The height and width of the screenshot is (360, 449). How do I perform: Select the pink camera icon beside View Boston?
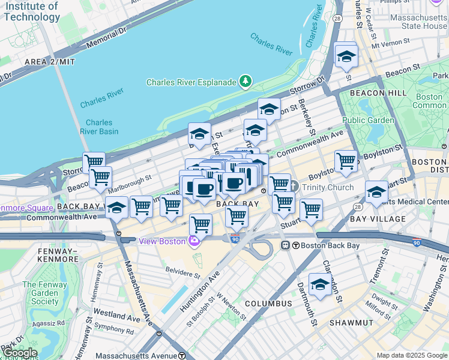click(194, 241)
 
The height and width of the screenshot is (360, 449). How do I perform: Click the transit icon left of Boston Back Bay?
click(286, 245)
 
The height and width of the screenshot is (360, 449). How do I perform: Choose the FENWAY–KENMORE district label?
click(41, 254)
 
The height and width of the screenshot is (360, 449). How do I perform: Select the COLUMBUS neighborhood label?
click(268, 304)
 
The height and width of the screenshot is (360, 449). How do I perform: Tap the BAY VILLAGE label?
click(378, 219)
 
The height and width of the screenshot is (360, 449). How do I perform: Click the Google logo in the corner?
click(20, 353)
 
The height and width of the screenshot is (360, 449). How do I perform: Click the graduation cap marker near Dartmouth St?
click(320, 284)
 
